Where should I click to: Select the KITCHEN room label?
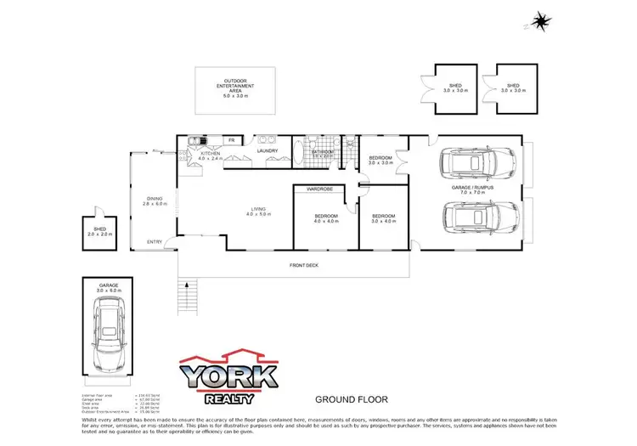pos(210,155)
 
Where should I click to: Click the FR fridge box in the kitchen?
pos(230,139)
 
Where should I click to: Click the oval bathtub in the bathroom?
pos(298,153)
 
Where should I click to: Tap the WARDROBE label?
pos(319,188)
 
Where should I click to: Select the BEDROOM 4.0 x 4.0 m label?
pos(326,218)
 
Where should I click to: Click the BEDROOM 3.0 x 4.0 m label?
pos(384,218)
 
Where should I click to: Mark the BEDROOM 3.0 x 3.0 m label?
pos(381,160)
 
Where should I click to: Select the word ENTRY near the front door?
pos(155,242)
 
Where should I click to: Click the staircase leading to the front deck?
pos(189,297)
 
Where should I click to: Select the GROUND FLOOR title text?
pos(352,398)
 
